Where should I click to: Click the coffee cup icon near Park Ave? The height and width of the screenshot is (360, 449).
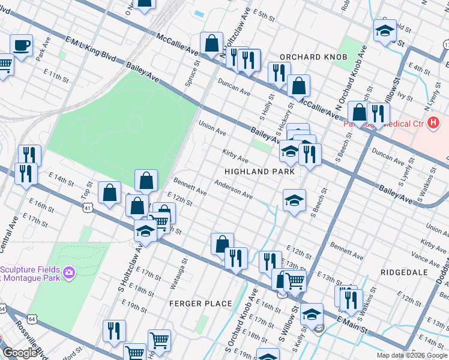pos(22,45)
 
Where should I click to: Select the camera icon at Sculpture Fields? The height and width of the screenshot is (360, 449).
pos(69,273)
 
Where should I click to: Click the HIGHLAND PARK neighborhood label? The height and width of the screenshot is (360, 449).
pos(259,172)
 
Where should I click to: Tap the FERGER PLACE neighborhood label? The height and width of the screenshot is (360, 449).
pos(200,304)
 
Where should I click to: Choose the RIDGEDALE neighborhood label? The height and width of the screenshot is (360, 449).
pos(404,272)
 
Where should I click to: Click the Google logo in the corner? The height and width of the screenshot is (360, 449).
pos(20,353)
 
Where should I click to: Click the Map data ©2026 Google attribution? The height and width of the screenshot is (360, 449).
pos(411,355)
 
